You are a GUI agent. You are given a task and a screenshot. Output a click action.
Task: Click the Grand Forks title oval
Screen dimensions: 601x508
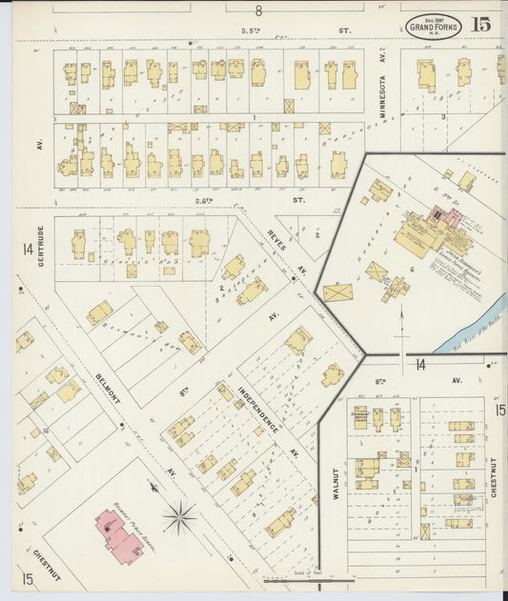[x=434, y=26]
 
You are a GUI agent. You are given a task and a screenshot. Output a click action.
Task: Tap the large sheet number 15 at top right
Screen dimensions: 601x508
[x=480, y=26]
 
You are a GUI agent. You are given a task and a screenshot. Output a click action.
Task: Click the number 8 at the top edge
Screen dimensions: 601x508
[x=257, y=10]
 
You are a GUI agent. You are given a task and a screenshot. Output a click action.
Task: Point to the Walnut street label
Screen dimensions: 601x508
[x=335, y=482]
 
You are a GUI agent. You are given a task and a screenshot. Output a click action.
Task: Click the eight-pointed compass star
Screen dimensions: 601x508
[x=178, y=518]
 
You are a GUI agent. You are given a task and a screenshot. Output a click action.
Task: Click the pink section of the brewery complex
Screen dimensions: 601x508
[x=446, y=218]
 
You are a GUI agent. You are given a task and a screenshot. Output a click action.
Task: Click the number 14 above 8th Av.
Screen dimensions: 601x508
[x=419, y=364]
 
